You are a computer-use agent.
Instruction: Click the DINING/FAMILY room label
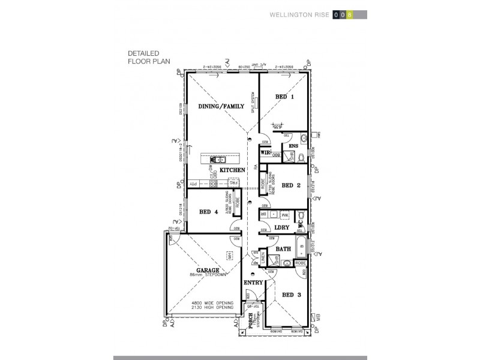(221, 106)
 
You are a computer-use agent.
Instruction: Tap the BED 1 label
(284, 97)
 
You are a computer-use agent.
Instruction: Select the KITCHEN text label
(232, 170)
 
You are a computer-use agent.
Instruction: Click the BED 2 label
(290, 185)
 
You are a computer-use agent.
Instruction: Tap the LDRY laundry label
(282, 227)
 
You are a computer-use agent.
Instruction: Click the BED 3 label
(291, 295)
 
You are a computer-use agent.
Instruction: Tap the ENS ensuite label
(294, 146)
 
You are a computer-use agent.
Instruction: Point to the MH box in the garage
(229, 255)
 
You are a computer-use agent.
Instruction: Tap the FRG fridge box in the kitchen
(238, 183)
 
